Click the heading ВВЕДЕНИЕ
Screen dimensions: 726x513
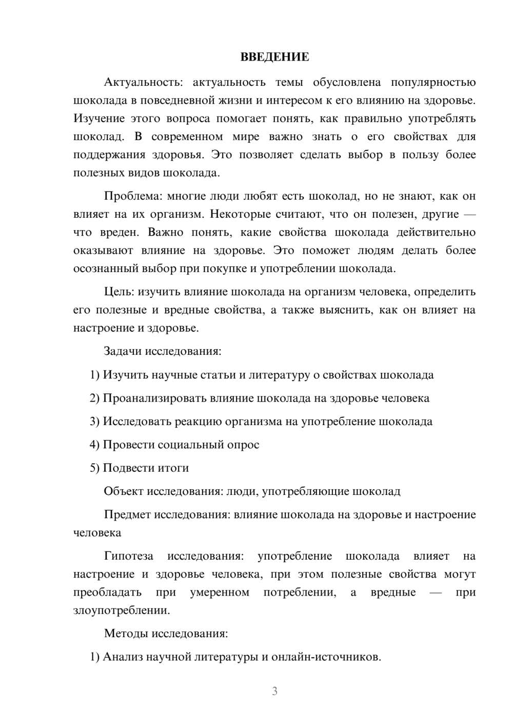pos(274,57)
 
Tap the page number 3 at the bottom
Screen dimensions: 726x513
pos(274,691)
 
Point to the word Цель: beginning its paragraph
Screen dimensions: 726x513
pos(119,292)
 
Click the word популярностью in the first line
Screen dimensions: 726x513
pos(433,82)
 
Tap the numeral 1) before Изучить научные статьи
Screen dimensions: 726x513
pos(94,375)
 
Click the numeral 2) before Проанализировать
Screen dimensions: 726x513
pos(94,398)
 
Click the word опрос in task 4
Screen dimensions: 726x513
pos(243,445)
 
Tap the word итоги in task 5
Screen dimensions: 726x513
pos(175,468)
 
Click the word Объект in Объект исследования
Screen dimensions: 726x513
pos(124,491)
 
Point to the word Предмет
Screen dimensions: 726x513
pos(127,514)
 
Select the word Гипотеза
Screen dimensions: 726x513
pos(128,556)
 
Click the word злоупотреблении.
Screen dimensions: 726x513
pos(121,610)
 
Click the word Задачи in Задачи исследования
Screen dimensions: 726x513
pos(123,352)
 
